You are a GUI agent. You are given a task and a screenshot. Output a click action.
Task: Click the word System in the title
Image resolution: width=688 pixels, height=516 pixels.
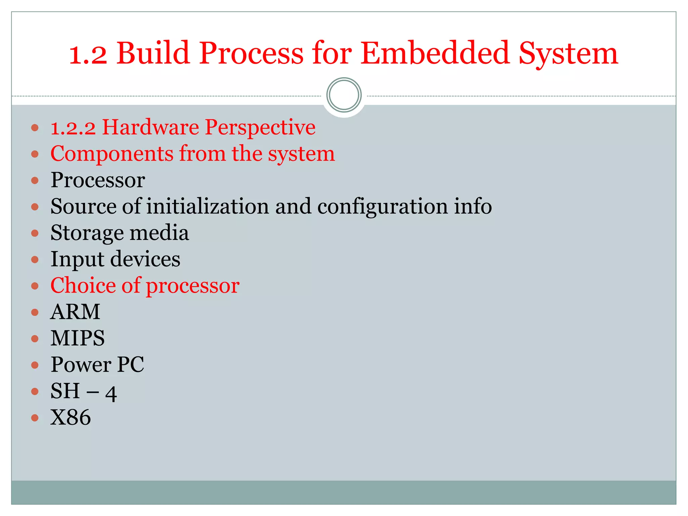pyautogui.click(x=568, y=54)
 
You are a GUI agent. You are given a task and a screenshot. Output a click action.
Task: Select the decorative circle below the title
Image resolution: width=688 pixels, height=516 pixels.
pyautogui.click(x=344, y=95)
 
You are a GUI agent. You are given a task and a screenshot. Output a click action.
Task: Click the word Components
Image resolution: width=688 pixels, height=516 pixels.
pyautogui.click(x=112, y=154)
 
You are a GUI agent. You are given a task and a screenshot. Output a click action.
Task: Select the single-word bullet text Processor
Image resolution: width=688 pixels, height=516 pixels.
pyautogui.click(x=98, y=180)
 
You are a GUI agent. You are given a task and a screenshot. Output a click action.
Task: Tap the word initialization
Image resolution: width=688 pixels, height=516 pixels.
pyautogui.click(x=207, y=206)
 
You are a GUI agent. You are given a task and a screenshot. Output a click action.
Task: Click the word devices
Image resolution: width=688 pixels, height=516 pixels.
pyautogui.click(x=145, y=259)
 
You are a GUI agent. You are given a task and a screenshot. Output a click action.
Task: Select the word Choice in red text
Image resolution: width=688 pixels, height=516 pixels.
pyautogui.click(x=83, y=286)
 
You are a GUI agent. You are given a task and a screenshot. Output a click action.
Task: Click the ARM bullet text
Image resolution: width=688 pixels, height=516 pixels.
pyautogui.click(x=75, y=312)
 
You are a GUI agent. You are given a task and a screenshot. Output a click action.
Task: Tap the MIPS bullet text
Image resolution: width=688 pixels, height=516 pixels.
pyautogui.click(x=78, y=338)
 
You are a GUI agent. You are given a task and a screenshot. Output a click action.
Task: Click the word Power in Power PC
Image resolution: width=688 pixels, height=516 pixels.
pyautogui.click(x=81, y=365)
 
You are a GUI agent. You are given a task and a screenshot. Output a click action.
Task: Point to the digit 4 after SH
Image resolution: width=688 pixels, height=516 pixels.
pyautogui.click(x=111, y=393)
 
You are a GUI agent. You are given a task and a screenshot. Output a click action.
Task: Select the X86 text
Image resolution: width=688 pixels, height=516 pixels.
pyautogui.click(x=71, y=418)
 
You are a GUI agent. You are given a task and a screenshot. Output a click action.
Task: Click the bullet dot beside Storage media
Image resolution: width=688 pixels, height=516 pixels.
pyautogui.click(x=35, y=233)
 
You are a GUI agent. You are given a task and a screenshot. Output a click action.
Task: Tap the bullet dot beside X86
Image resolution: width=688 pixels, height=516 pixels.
pyautogui.click(x=35, y=418)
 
